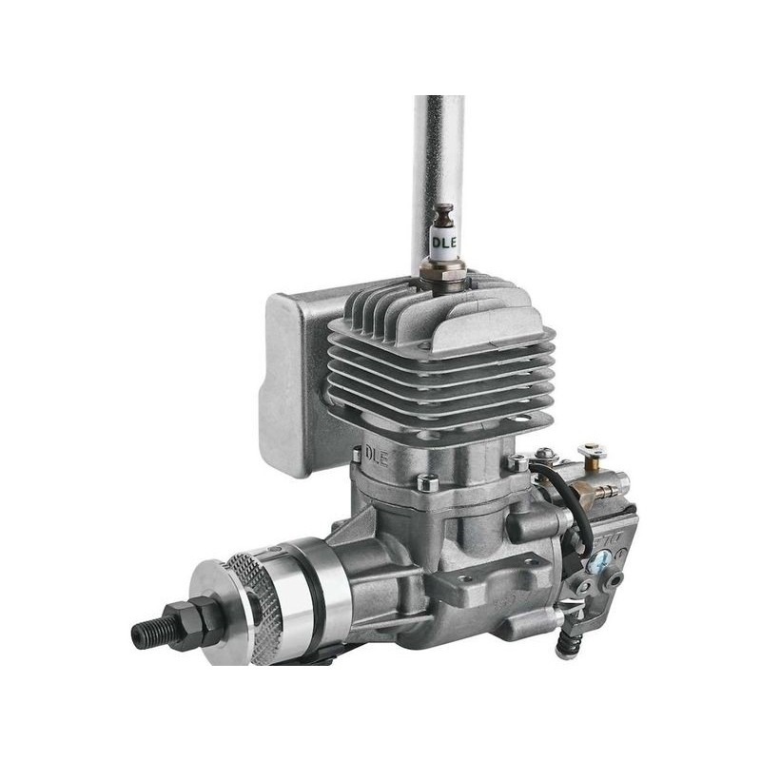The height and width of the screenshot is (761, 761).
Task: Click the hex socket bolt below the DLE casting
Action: click(x=428, y=483)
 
